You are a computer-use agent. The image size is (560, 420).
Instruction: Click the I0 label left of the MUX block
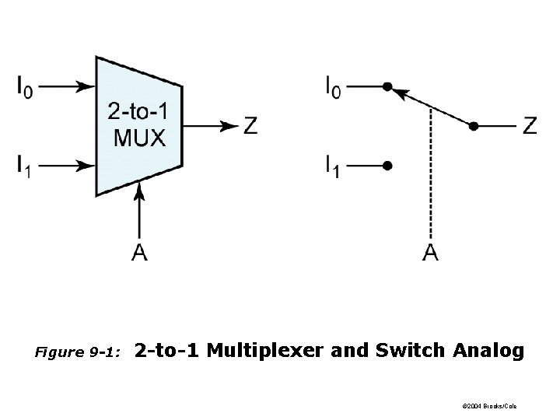click(25, 86)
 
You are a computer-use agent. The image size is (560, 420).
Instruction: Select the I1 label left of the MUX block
click(25, 166)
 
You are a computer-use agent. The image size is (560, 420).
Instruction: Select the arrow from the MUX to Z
click(210, 125)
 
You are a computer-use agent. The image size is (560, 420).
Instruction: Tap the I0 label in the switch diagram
click(333, 86)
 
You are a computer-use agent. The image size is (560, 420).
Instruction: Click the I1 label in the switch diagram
click(333, 166)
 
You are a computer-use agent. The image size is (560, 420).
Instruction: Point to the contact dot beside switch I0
click(387, 86)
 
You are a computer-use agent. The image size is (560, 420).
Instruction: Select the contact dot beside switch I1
click(387, 165)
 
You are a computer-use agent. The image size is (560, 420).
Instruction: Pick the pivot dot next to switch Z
click(474, 125)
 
